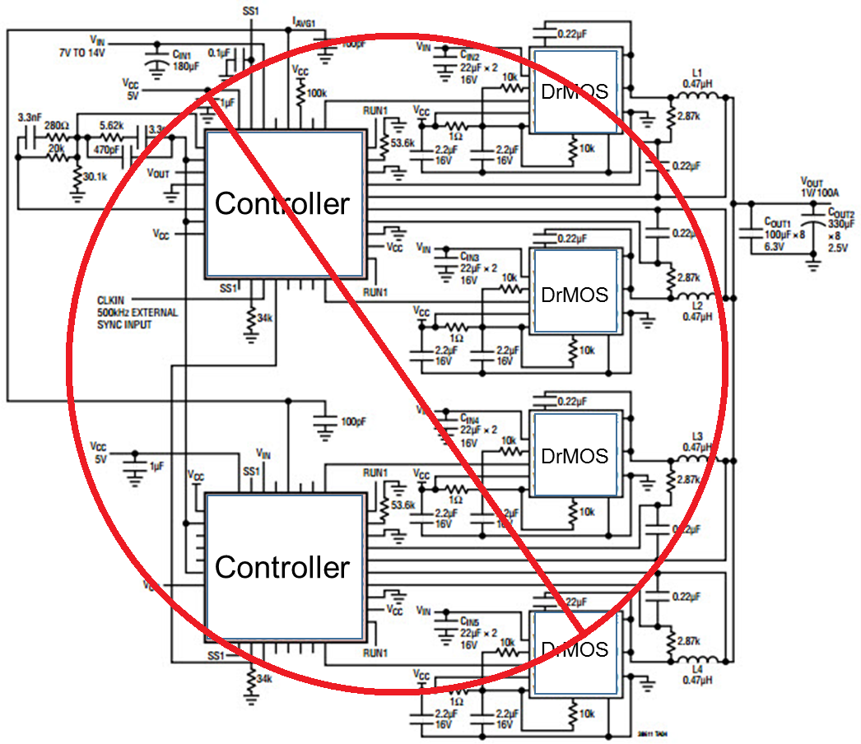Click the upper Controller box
point(282,203)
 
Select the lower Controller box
point(282,567)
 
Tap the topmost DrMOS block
point(575,91)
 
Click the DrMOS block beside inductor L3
point(575,455)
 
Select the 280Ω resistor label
point(55,124)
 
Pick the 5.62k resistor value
point(112,124)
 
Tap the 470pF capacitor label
point(107,151)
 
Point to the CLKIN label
point(112,301)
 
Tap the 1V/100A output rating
point(820,191)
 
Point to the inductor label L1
point(697,72)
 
